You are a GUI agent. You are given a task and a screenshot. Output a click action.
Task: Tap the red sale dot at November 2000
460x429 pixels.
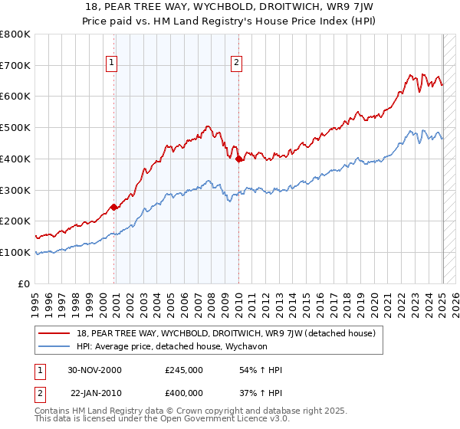[114, 207]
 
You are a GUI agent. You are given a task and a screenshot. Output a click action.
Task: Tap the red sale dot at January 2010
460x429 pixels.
[238, 159]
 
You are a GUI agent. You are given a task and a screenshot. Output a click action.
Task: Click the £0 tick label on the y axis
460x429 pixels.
[25, 283]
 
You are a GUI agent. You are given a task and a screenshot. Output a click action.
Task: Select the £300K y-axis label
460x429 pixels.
[17, 190]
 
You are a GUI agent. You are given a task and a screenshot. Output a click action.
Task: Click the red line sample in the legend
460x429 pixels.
[54, 333]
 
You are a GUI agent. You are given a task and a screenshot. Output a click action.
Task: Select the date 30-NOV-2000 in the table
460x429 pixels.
[95, 370]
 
